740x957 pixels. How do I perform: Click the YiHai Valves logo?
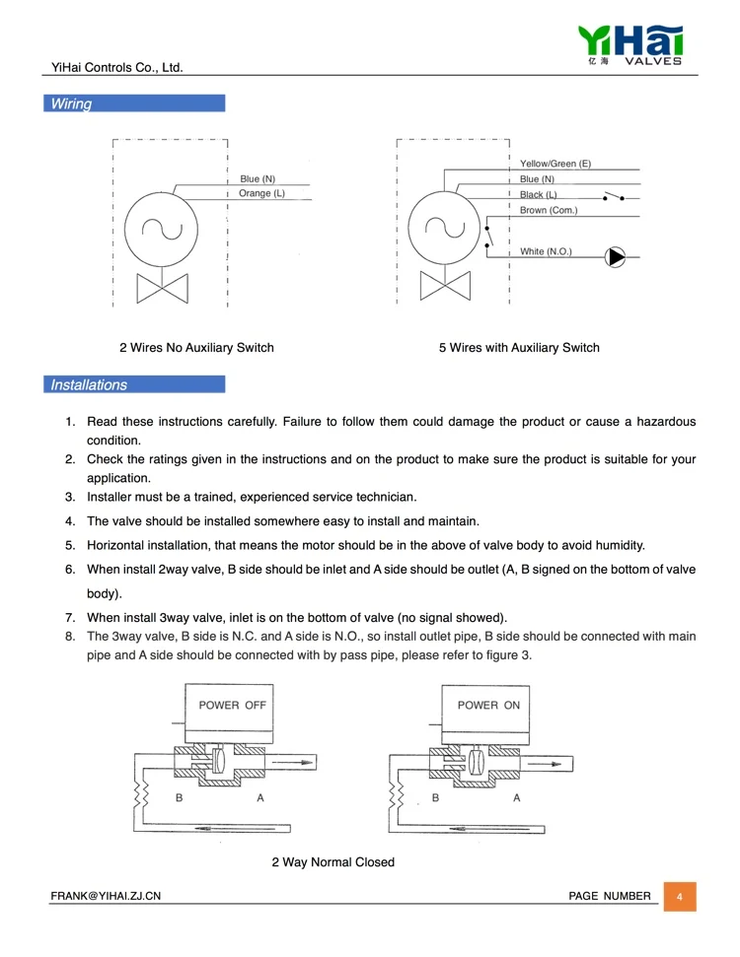[630, 45]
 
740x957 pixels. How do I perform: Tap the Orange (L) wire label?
[261, 193]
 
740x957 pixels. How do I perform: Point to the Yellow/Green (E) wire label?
[555, 164]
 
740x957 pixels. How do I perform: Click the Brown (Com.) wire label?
[549, 210]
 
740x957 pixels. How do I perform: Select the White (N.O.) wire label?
[546, 251]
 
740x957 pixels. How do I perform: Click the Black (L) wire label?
[539, 195]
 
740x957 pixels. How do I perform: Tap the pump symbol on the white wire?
[616, 257]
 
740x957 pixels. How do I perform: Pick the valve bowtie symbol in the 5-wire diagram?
[445, 286]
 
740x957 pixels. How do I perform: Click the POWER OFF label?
[232, 705]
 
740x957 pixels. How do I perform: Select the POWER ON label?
[488, 705]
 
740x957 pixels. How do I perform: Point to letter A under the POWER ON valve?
[516, 797]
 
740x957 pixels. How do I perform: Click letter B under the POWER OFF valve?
[179, 797]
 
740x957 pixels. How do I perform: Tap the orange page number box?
[680, 897]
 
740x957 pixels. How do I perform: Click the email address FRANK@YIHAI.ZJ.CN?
[106, 896]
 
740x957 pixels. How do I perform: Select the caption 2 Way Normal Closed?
[333, 861]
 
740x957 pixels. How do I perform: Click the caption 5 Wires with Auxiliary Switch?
[519, 347]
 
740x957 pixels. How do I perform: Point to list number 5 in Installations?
[70, 545]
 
